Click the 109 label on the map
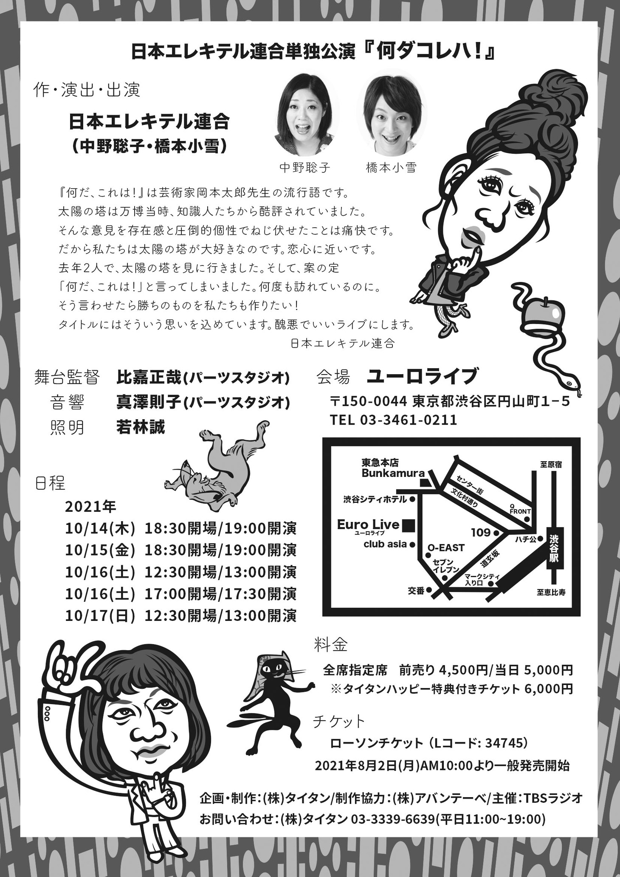[x=481, y=532]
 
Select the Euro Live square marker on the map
[x=409, y=525]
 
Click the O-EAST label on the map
[x=446, y=547]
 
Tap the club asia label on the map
[x=385, y=544]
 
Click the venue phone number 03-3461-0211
[x=409, y=420]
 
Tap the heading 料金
[x=331, y=646]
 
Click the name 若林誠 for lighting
[x=141, y=427]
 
